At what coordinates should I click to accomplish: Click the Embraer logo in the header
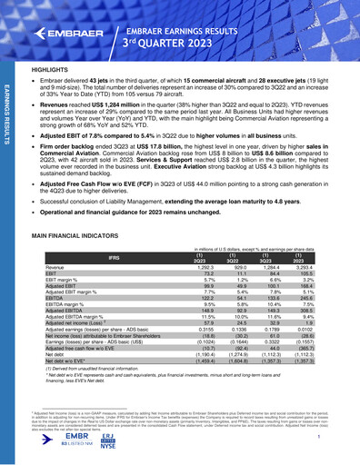(x=66, y=34)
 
